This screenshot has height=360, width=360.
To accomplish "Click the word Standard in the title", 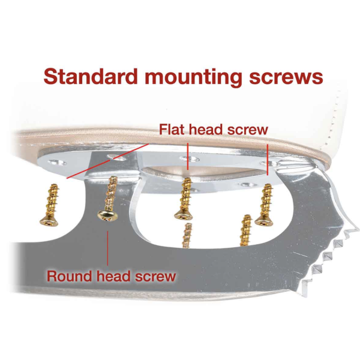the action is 91,76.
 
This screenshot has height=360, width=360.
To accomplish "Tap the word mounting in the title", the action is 193,78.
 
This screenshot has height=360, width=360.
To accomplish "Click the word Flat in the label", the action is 173,129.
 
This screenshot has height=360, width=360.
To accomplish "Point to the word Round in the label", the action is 70,276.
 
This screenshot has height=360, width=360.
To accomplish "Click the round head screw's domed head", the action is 107,215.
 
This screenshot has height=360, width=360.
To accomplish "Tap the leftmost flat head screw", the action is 50,205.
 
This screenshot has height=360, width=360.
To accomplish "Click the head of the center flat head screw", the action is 184,216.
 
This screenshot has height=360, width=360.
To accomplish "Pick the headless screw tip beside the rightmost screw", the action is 245,230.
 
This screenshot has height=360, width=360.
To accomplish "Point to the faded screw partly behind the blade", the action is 187,235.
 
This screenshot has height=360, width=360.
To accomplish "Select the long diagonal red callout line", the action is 107,161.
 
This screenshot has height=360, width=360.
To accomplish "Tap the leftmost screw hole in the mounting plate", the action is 57,163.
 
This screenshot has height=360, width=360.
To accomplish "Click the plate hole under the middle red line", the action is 190,158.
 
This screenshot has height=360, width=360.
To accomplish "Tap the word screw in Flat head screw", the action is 247,130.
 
